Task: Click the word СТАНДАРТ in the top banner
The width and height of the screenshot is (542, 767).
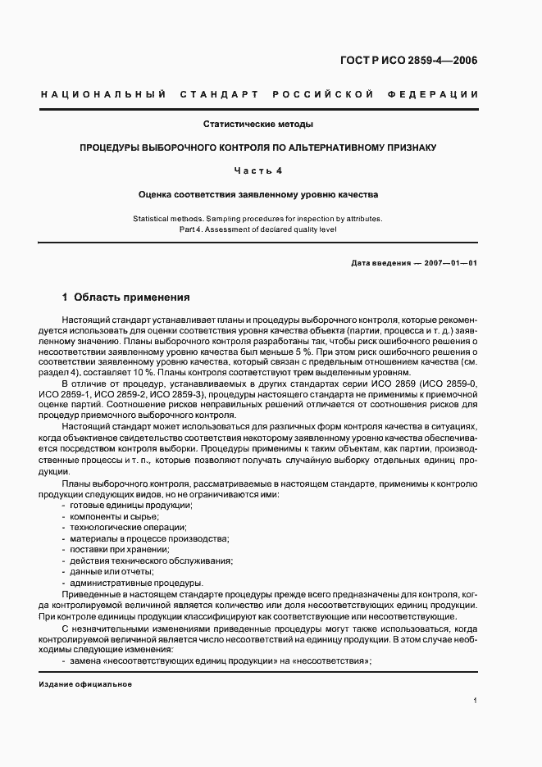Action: click(x=215, y=94)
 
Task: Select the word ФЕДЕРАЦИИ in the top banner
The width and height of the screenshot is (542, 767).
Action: click(x=438, y=94)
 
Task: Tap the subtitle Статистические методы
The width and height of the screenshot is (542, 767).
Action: click(x=258, y=125)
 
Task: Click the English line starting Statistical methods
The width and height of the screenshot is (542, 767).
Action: click(x=258, y=219)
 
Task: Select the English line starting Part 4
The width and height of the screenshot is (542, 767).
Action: click(x=258, y=229)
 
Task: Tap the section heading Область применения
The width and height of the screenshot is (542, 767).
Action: click(x=131, y=297)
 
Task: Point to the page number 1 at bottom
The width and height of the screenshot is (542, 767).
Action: click(x=476, y=701)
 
